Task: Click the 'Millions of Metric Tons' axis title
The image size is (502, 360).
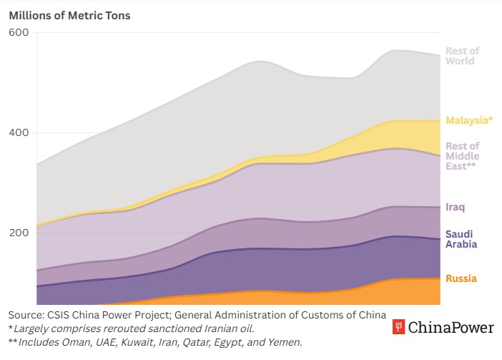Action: (69, 14)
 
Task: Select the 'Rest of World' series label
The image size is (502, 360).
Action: (462, 56)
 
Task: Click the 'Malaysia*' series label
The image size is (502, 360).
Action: (469, 120)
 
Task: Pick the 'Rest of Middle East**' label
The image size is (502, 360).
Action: (462, 156)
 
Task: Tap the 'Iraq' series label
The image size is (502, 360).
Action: (456, 207)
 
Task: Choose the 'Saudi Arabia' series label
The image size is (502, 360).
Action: (460, 239)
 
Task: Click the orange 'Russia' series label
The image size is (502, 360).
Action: (461, 278)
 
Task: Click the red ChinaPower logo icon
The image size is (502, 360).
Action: (399, 328)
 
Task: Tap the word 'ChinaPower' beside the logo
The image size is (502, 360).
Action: (451, 328)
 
